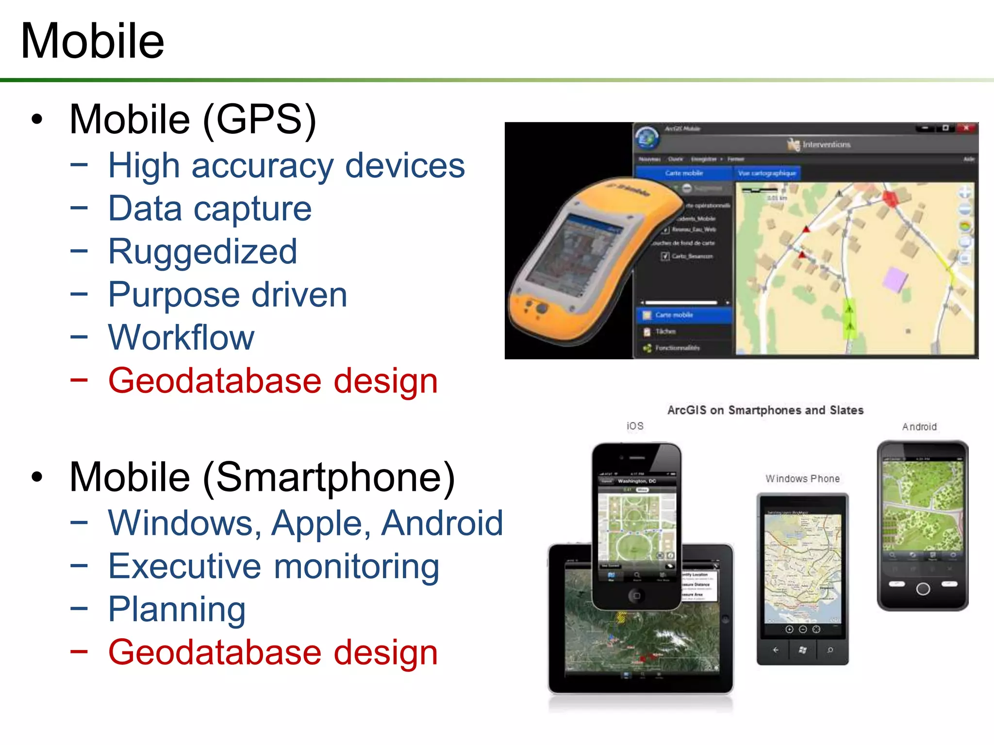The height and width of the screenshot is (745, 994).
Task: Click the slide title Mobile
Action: pyautogui.click(x=92, y=41)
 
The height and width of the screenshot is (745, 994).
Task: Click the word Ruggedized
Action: pyautogui.click(x=202, y=252)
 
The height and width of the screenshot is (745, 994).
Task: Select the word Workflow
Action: pyautogui.click(x=181, y=338)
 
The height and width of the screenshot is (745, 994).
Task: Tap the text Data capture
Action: pyautogui.click(x=210, y=209)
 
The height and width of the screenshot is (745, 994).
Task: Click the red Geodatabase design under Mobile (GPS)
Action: pyautogui.click(x=273, y=381)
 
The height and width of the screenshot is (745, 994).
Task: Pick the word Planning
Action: pyautogui.click(x=177, y=609)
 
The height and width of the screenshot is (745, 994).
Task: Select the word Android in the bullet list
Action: pyautogui.click(x=442, y=523)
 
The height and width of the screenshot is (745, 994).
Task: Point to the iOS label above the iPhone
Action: pyautogui.click(x=635, y=426)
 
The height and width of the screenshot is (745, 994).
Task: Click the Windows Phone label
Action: pyautogui.click(x=802, y=479)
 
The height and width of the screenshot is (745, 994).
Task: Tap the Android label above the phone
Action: pyautogui.click(x=919, y=427)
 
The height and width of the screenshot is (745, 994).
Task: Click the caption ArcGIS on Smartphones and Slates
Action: pyautogui.click(x=765, y=410)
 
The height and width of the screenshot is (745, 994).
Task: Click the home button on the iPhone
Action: pyautogui.click(x=636, y=596)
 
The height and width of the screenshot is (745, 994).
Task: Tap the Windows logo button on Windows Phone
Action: pyautogui.click(x=802, y=650)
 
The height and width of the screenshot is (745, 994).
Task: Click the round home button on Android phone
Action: pyautogui.click(x=923, y=589)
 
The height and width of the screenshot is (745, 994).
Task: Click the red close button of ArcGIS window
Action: pyautogui.click(x=966, y=128)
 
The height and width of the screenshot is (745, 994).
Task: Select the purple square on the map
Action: pyautogui.click(x=894, y=280)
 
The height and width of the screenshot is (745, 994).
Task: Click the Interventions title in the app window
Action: pyautogui.click(x=826, y=145)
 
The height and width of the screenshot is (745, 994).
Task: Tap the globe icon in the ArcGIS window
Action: pyautogui.click(x=647, y=138)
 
